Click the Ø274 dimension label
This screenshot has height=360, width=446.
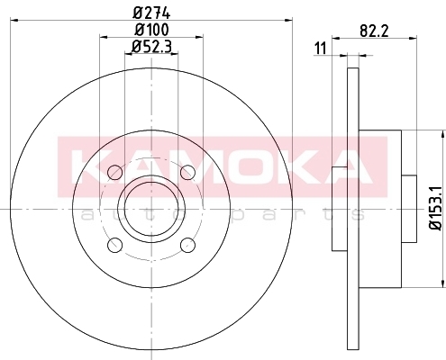point(151,13)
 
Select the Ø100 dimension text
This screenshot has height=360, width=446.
point(151,30)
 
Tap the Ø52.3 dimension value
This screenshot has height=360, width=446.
point(151,47)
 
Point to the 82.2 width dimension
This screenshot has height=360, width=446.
point(374,31)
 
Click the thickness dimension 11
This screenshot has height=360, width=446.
point(320,49)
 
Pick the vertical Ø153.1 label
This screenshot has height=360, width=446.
point(436,208)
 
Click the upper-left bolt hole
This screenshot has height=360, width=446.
point(114,173)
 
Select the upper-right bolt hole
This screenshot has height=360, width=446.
point(188,173)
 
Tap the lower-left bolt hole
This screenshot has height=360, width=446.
point(114,245)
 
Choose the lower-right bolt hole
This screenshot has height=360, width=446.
point(188,245)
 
